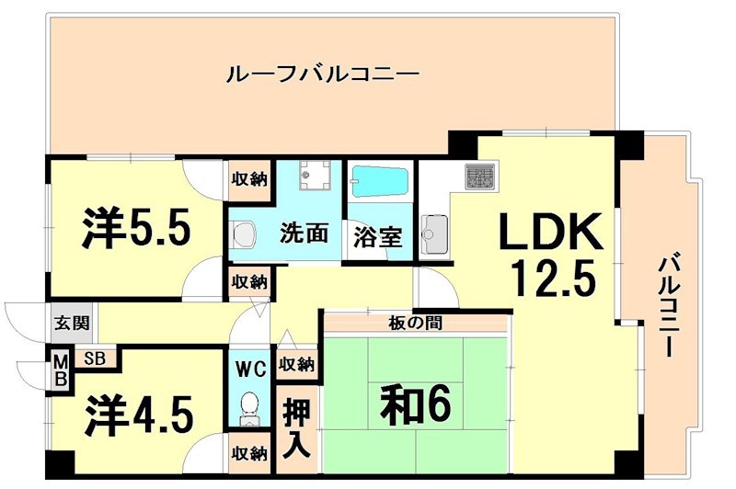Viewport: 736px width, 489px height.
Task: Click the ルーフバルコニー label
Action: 322,74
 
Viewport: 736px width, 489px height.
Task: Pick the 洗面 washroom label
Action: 305,233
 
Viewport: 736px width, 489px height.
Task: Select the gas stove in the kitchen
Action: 478,175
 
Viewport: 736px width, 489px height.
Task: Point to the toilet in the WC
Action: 248,408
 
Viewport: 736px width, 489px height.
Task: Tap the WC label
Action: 249,370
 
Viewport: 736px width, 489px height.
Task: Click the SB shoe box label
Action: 94,358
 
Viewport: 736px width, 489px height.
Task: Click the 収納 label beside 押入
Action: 296,364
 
